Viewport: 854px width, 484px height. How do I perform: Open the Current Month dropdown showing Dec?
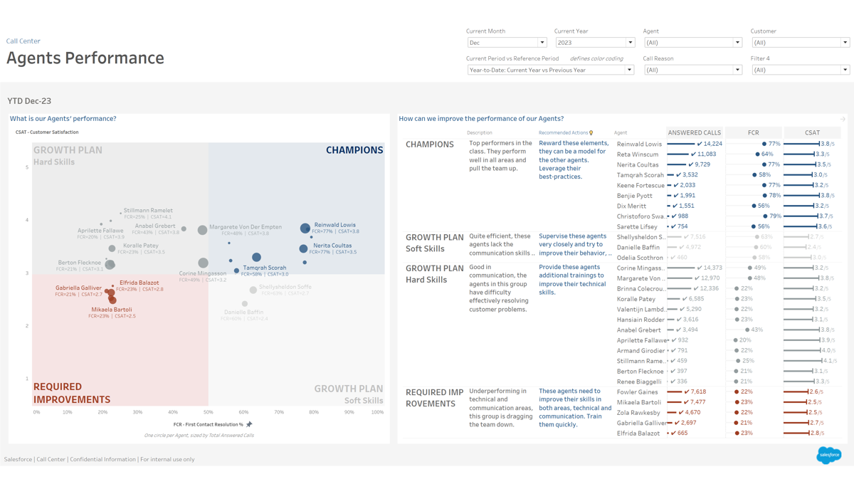[x=507, y=43]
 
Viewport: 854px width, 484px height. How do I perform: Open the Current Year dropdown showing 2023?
[x=594, y=43]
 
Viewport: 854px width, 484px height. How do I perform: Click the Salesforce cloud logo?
[x=828, y=455]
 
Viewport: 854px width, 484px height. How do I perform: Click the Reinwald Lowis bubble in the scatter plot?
[x=305, y=228]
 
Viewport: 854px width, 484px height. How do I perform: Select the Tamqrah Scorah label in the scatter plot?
[x=265, y=268]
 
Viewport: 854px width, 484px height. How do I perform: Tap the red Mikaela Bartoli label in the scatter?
[x=112, y=310]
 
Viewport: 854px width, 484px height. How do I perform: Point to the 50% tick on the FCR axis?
[x=209, y=412]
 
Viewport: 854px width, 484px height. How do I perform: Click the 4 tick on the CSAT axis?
[x=27, y=220]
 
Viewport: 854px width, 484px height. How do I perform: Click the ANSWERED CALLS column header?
[x=694, y=132]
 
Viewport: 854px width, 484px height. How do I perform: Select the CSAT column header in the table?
[x=812, y=132]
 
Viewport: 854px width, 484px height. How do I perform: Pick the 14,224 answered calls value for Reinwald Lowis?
[x=712, y=144]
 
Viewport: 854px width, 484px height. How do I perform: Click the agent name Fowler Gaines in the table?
[x=637, y=392]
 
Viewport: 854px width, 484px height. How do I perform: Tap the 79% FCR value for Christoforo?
[x=775, y=216]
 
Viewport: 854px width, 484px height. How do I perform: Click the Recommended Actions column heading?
[x=564, y=132]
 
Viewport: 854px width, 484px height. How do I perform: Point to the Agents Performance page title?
[x=85, y=58]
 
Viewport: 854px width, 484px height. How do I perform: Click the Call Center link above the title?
[x=23, y=41]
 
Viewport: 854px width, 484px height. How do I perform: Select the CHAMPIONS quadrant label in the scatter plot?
[x=354, y=150]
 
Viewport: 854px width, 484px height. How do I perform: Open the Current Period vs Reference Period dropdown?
[x=550, y=70]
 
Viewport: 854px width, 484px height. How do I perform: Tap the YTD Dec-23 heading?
[x=29, y=101]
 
